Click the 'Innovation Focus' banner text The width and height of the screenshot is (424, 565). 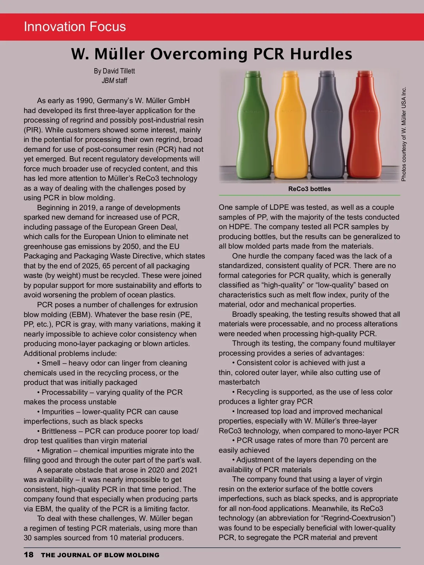click(75, 27)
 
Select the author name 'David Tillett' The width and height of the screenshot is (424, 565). click(119, 71)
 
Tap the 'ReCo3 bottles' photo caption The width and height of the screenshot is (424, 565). click(310, 189)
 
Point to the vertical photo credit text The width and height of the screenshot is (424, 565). click(404, 134)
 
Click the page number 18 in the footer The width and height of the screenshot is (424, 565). click(29, 555)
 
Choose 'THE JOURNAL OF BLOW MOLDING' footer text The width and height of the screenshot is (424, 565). click(100, 555)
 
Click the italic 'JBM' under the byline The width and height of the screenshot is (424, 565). click(108, 81)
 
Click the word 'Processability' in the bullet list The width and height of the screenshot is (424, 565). click(65, 392)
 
